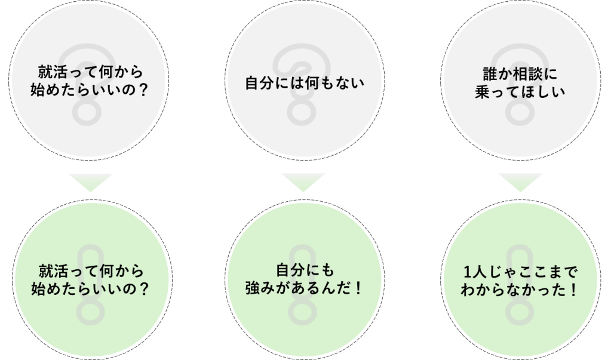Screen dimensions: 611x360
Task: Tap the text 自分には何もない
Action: click(305, 83)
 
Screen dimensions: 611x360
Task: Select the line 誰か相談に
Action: click(520, 74)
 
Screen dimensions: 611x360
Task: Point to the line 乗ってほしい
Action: click(520, 92)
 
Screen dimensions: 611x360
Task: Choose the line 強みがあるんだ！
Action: click(305, 288)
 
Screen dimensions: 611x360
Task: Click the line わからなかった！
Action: click(519, 290)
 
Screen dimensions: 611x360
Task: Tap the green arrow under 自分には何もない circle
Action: click(303, 182)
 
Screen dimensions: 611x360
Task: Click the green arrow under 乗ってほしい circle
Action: click(520, 182)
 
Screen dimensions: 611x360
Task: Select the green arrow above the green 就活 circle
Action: click(90, 182)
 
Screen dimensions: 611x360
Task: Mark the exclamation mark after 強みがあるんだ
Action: click(359, 288)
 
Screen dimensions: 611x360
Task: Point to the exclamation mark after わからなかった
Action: click(573, 290)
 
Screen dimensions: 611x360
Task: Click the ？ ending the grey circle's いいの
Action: click(143, 90)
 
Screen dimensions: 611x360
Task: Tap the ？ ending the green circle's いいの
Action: click(144, 289)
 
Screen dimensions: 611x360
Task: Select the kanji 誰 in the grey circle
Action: click(490, 74)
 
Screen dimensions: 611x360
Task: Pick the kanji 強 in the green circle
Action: click(253, 288)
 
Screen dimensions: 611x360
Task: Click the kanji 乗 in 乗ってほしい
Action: click(483, 92)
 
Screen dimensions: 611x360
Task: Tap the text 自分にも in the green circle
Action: click(305, 270)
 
